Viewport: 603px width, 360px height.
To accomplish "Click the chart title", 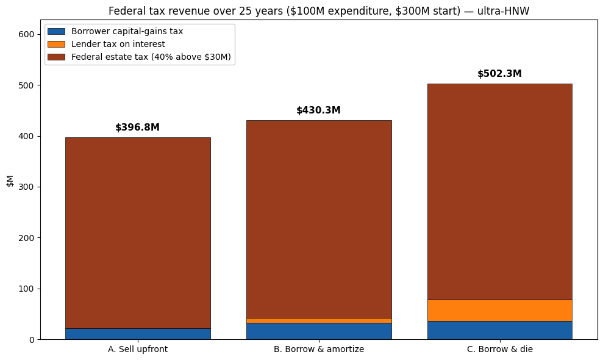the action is click(x=319, y=11).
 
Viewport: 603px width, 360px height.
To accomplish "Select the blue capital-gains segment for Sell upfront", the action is click(x=138, y=334).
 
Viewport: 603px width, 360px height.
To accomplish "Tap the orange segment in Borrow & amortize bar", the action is click(x=319, y=320).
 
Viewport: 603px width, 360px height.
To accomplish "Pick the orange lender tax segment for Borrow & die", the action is click(x=499, y=311).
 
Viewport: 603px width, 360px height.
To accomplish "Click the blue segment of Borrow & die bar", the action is click(x=499, y=330).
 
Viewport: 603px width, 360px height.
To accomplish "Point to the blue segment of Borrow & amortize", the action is click(x=319, y=331).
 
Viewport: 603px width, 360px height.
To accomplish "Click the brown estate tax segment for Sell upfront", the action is click(x=138, y=233).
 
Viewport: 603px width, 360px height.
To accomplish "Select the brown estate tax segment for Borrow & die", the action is click(x=499, y=192).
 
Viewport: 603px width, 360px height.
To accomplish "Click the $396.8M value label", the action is click(x=137, y=128).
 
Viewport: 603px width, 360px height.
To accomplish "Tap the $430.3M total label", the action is click(x=318, y=110).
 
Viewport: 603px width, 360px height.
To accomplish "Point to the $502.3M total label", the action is click(x=499, y=74).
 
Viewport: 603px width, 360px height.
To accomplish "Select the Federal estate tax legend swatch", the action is click(x=56, y=57).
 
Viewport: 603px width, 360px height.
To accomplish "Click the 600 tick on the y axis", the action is click(x=26, y=34).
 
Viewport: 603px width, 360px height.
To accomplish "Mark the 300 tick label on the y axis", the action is click(x=26, y=187).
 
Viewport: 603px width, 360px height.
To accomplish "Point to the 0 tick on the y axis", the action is click(x=32, y=340).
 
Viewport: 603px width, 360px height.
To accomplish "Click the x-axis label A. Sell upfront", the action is click(x=138, y=349).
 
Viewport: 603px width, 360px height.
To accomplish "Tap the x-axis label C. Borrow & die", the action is click(x=499, y=349).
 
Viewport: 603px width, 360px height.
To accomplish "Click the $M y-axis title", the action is click(x=10, y=181).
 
